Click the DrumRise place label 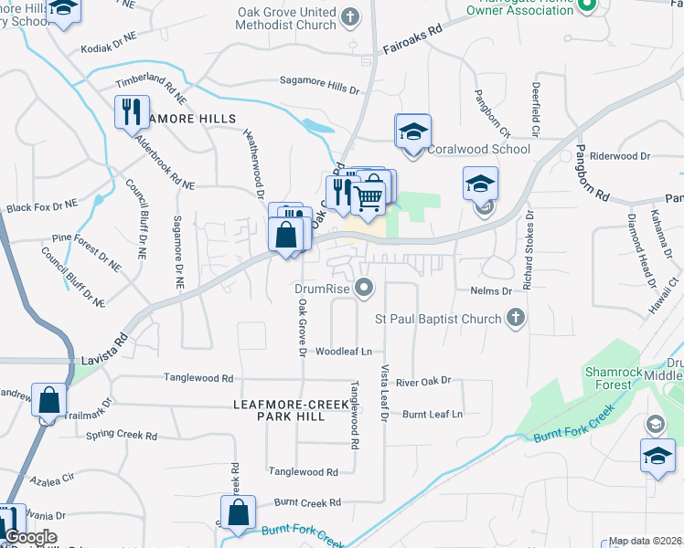[x=324, y=289]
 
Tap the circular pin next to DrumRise [x=366, y=289]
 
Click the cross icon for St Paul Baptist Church [x=516, y=318]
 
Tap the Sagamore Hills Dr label [x=318, y=88]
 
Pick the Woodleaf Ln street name [x=345, y=352]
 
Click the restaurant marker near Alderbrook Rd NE [x=132, y=111]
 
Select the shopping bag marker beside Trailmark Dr [x=48, y=400]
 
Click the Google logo [x=30, y=537]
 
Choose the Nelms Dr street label [x=491, y=290]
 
